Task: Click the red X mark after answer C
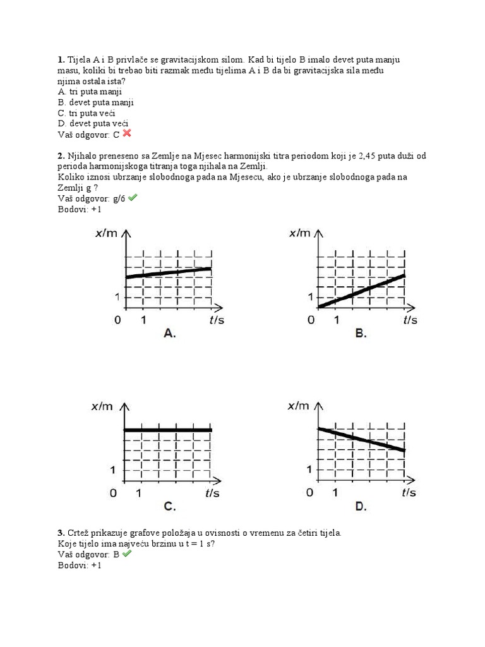[127, 133]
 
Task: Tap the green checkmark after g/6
[133, 198]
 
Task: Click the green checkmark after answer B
[126, 553]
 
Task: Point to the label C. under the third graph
[169, 506]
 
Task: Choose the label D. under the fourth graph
[361, 506]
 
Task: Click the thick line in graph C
[168, 430]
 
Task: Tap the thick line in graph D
[360, 439]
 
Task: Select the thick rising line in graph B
[360, 291]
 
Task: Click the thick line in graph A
[168, 272]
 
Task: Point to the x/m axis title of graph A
[106, 234]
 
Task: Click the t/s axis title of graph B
[410, 320]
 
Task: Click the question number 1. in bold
[61, 59]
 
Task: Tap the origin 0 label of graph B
[311, 320]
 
